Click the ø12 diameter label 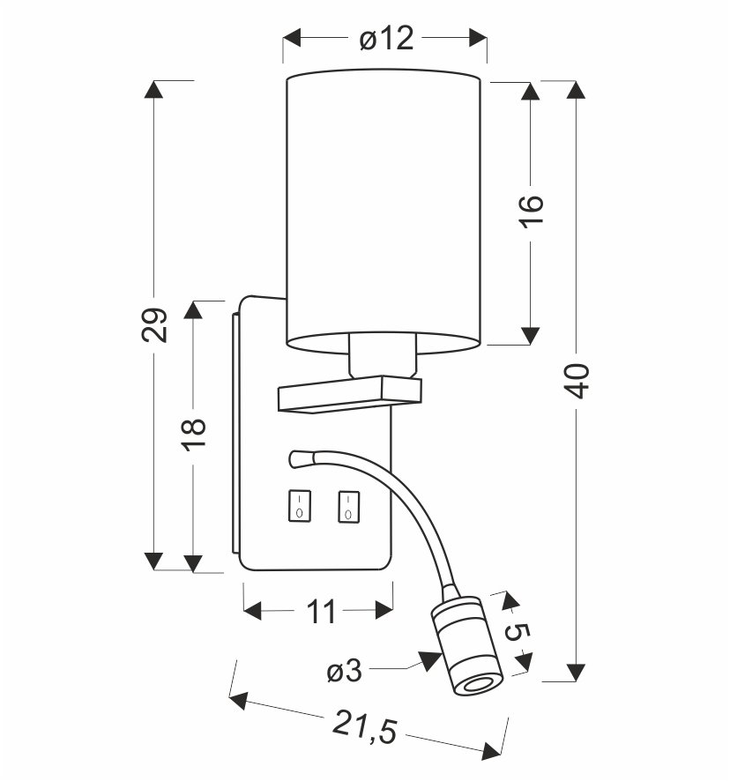(386, 39)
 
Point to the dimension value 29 (154, 325)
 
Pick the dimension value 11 (321, 610)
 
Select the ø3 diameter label (345, 672)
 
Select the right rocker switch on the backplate (349, 504)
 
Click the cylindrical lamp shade (384, 207)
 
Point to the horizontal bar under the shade (349, 394)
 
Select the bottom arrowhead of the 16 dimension (531, 333)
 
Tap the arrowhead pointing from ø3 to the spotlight (430, 660)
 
